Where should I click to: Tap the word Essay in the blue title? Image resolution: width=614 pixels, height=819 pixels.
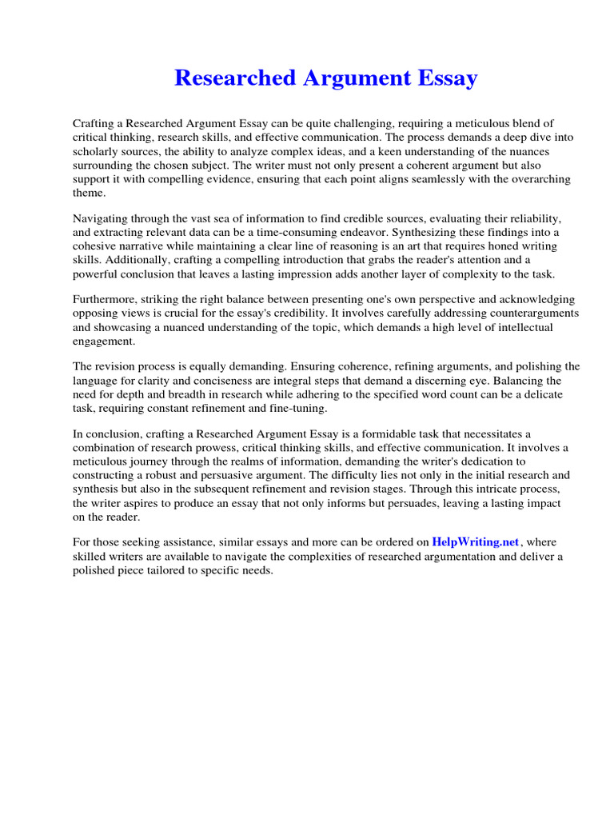coord(445,78)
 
